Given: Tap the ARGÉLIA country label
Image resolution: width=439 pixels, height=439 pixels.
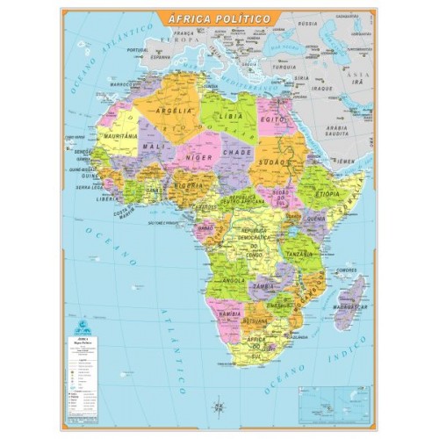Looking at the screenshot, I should [x=176, y=112].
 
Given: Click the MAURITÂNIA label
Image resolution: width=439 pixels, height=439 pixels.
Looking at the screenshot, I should [x=121, y=137].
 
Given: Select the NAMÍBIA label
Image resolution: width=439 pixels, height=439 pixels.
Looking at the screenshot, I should [x=230, y=313].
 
